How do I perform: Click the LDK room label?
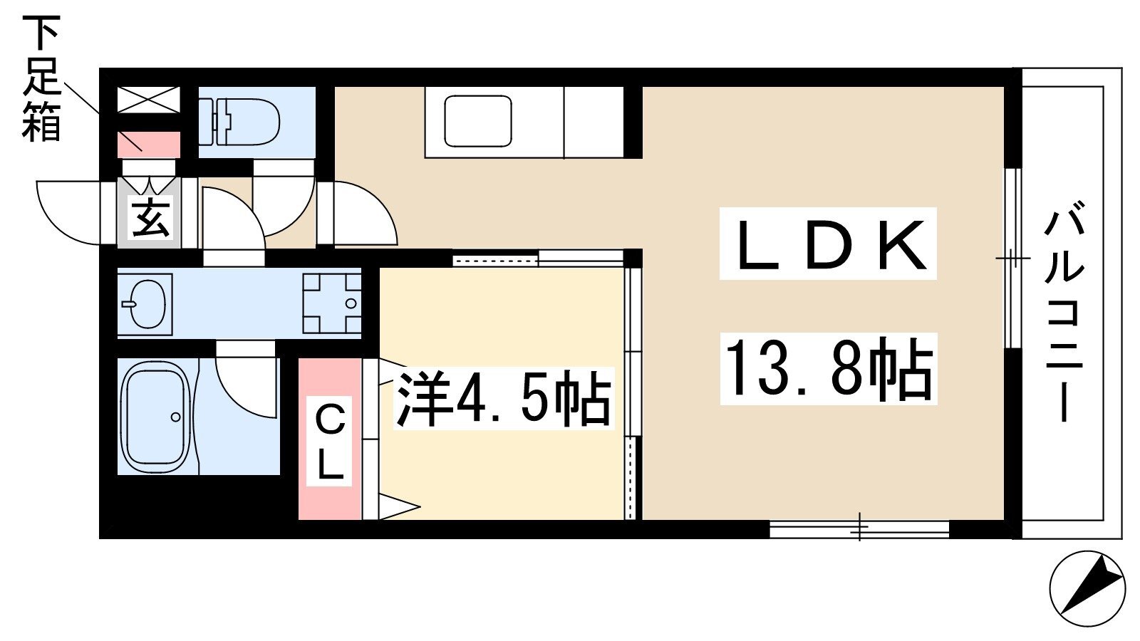tap(828, 244)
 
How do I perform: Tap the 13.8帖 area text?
tap(828, 369)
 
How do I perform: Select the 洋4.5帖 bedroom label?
tap(503, 398)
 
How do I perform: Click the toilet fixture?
tap(239, 122)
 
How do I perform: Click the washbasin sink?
tap(147, 304)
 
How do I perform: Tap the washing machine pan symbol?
tap(332, 303)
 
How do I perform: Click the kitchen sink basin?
tap(478, 121)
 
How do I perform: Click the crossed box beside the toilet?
tap(149, 100)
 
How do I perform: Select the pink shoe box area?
tap(149, 145)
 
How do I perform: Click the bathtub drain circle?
tap(175, 417)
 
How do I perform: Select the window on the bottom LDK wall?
tap(859, 529)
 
